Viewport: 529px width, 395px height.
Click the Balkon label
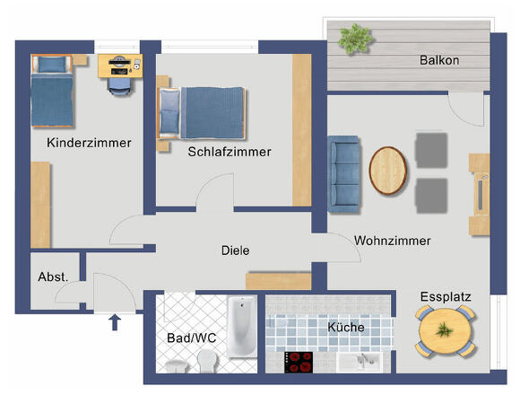(x=439, y=60)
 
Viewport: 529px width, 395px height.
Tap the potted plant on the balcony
(x=355, y=39)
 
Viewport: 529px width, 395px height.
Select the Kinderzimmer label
(x=89, y=143)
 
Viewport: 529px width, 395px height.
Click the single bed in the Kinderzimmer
(x=52, y=92)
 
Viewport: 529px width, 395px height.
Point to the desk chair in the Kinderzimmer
(x=119, y=86)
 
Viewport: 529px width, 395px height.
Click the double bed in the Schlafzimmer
(x=202, y=113)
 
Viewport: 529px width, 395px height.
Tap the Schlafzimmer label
(x=230, y=152)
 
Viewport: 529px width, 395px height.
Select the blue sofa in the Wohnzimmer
(x=343, y=174)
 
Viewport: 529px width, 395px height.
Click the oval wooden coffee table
(x=388, y=171)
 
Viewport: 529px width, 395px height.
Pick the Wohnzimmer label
(x=393, y=241)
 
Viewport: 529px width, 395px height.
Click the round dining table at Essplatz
(x=446, y=330)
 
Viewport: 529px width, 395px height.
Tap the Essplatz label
(x=446, y=296)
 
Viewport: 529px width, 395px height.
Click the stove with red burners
(x=299, y=362)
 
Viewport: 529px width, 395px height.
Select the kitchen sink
(x=360, y=362)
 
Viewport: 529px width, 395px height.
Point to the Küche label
(x=346, y=327)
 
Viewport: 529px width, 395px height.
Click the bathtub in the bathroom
(x=241, y=327)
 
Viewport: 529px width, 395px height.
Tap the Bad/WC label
(x=191, y=338)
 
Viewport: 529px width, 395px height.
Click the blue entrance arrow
(x=115, y=322)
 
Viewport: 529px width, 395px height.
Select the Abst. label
(x=53, y=277)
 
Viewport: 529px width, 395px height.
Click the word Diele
(x=236, y=250)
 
